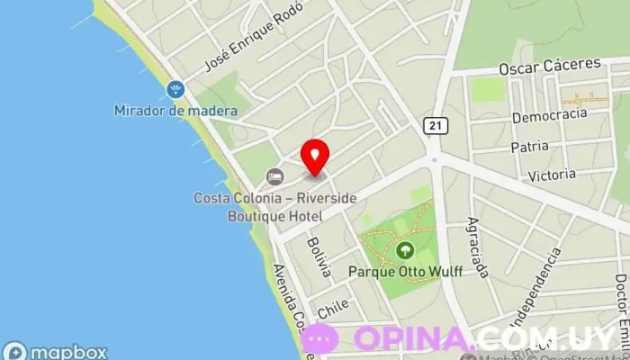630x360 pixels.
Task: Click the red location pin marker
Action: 314,156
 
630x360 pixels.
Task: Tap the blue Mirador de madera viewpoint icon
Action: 175,89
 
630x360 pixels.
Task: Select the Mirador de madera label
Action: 175,111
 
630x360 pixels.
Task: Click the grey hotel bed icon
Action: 274,176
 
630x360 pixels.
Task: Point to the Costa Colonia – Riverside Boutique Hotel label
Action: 262,207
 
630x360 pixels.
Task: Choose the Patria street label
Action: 529,146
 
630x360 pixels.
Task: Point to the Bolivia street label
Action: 319,256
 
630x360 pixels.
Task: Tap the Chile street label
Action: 333,306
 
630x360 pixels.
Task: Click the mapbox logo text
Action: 68,352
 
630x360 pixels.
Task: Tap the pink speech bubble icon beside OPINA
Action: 320,339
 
